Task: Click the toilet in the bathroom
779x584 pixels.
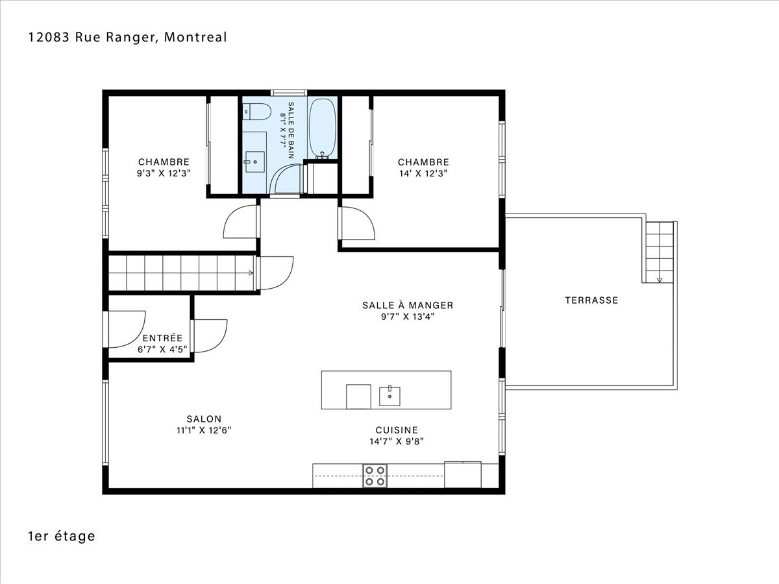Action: (257, 112)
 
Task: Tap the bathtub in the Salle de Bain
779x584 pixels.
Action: (322, 128)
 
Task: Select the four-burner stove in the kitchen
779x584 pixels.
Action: (375, 476)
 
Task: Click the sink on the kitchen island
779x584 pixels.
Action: (389, 396)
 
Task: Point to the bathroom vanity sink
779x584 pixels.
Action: (255, 162)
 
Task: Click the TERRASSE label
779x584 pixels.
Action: (591, 300)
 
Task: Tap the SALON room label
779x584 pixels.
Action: (204, 419)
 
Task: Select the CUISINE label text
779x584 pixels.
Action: (397, 430)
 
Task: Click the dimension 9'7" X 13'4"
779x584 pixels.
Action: (408, 317)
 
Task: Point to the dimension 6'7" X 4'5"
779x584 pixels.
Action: (162, 350)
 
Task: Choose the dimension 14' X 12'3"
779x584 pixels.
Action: (423, 173)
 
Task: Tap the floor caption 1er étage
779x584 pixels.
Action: (62, 536)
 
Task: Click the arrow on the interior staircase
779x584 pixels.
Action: (251, 273)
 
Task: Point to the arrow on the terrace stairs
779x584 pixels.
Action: (660, 280)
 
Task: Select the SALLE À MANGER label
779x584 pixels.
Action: (408, 305)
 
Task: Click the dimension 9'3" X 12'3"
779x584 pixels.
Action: (164, 173)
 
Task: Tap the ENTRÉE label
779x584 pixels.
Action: (162, 338)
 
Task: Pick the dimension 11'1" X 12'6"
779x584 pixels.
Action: (204, 430)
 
